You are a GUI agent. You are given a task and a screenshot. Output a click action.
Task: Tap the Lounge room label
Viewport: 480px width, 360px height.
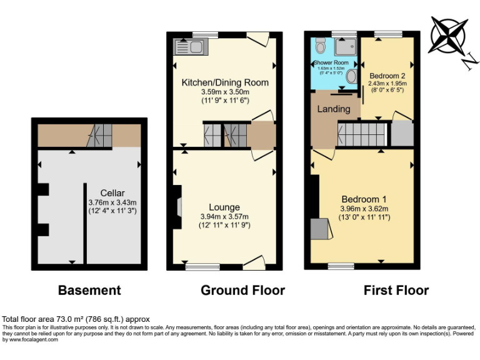224,207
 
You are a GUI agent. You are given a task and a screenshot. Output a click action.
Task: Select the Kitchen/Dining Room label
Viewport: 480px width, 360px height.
225,82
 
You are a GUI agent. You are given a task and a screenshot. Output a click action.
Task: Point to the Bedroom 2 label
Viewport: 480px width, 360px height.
387,75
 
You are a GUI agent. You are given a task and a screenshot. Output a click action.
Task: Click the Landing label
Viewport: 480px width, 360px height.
334,109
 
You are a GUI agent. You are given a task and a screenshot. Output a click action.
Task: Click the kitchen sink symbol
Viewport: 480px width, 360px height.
189,46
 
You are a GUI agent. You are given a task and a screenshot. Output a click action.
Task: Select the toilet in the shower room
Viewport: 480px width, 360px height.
321,45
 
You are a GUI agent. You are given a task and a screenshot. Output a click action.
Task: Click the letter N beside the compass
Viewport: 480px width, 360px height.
472,60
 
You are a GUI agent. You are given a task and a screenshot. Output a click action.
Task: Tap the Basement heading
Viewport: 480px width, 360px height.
89,290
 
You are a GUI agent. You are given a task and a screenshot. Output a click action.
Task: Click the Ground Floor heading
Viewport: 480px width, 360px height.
242,290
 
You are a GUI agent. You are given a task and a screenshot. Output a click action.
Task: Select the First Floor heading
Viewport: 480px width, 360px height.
396,290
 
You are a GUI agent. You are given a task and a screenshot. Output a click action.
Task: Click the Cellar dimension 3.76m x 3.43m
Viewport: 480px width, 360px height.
113,202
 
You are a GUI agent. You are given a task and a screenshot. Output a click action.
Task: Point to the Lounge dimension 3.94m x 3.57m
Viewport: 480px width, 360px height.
224,216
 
